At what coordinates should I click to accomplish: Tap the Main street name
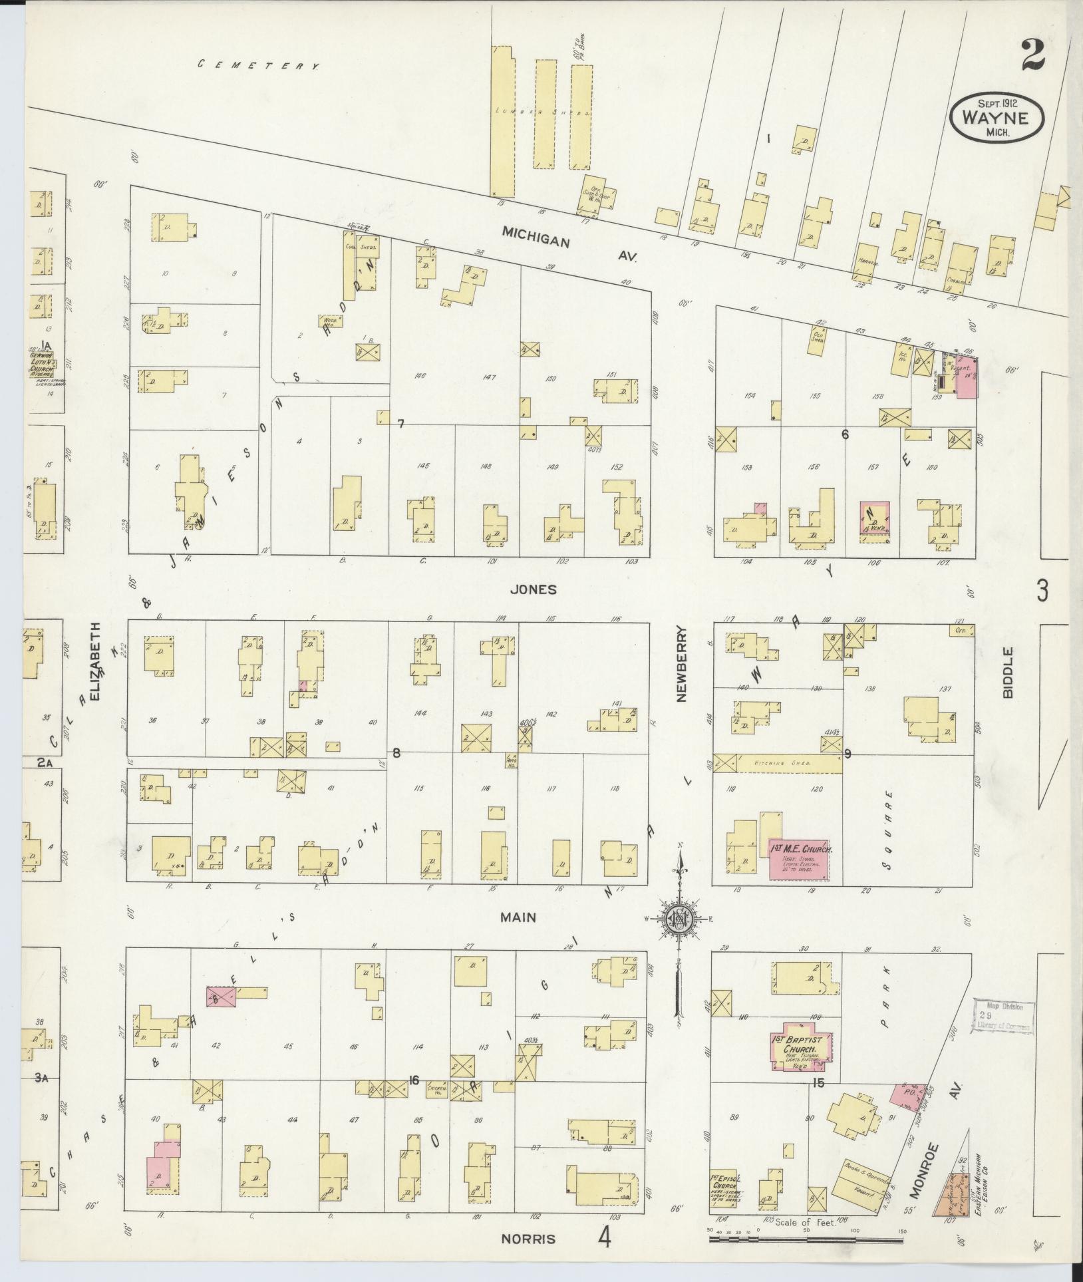pyautogui.click(x=519, y=917)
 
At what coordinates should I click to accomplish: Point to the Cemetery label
pyautogui.click(x=259, y=65)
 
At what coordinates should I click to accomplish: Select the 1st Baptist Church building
pyautogui.click(x=798, y=1046)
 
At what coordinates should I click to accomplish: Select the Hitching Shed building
pyautogui.click(x=777, y=763)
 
